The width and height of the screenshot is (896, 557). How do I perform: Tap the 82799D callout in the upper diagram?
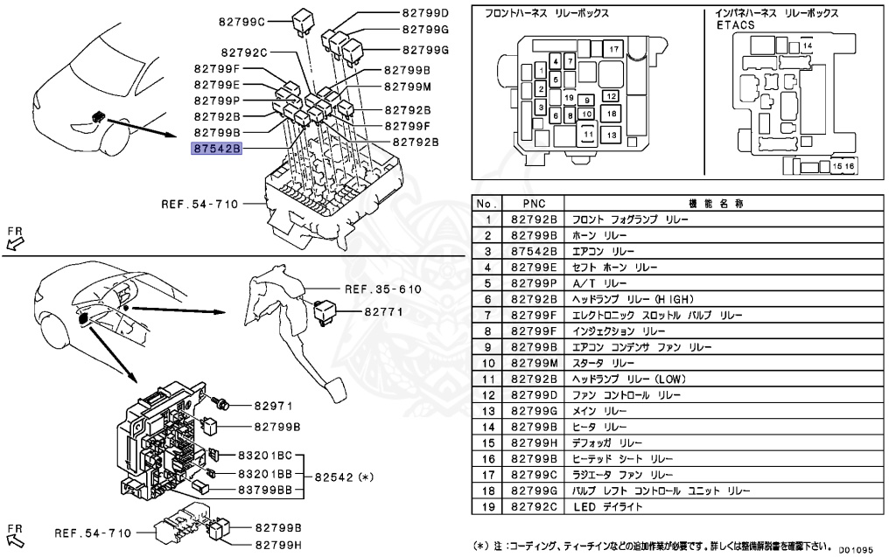(425, 13)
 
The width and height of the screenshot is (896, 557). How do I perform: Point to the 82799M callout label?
(407, 87)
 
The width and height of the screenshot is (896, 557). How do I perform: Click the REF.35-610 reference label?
(383, 289)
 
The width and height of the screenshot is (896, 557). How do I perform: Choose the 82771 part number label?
(383, 310)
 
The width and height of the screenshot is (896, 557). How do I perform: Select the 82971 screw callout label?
(273, 406)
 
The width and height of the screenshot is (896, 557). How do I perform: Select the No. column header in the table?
(486, 203)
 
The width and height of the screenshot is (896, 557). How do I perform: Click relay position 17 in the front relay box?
(613, 49)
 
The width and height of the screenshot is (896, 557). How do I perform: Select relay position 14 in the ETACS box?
(807, 45)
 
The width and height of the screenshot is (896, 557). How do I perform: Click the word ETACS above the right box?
(735, 25)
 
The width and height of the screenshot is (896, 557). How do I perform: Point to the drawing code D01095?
(856, 551)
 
